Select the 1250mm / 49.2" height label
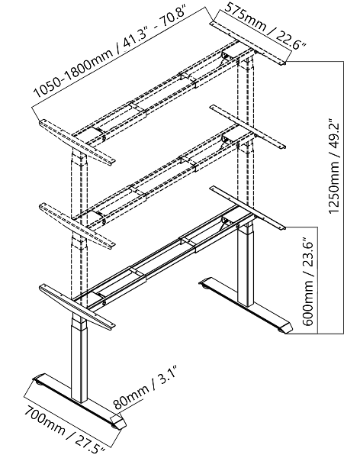(x=334, y=166)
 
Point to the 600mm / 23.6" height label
(x=308, y=282)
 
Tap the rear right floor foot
(x=246, y=305)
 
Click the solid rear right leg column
(x=246, y=264)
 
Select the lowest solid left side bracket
(x=77, y=308)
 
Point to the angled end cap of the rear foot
(x=285, y=327)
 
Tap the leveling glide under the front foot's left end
(x=37, y=379)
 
